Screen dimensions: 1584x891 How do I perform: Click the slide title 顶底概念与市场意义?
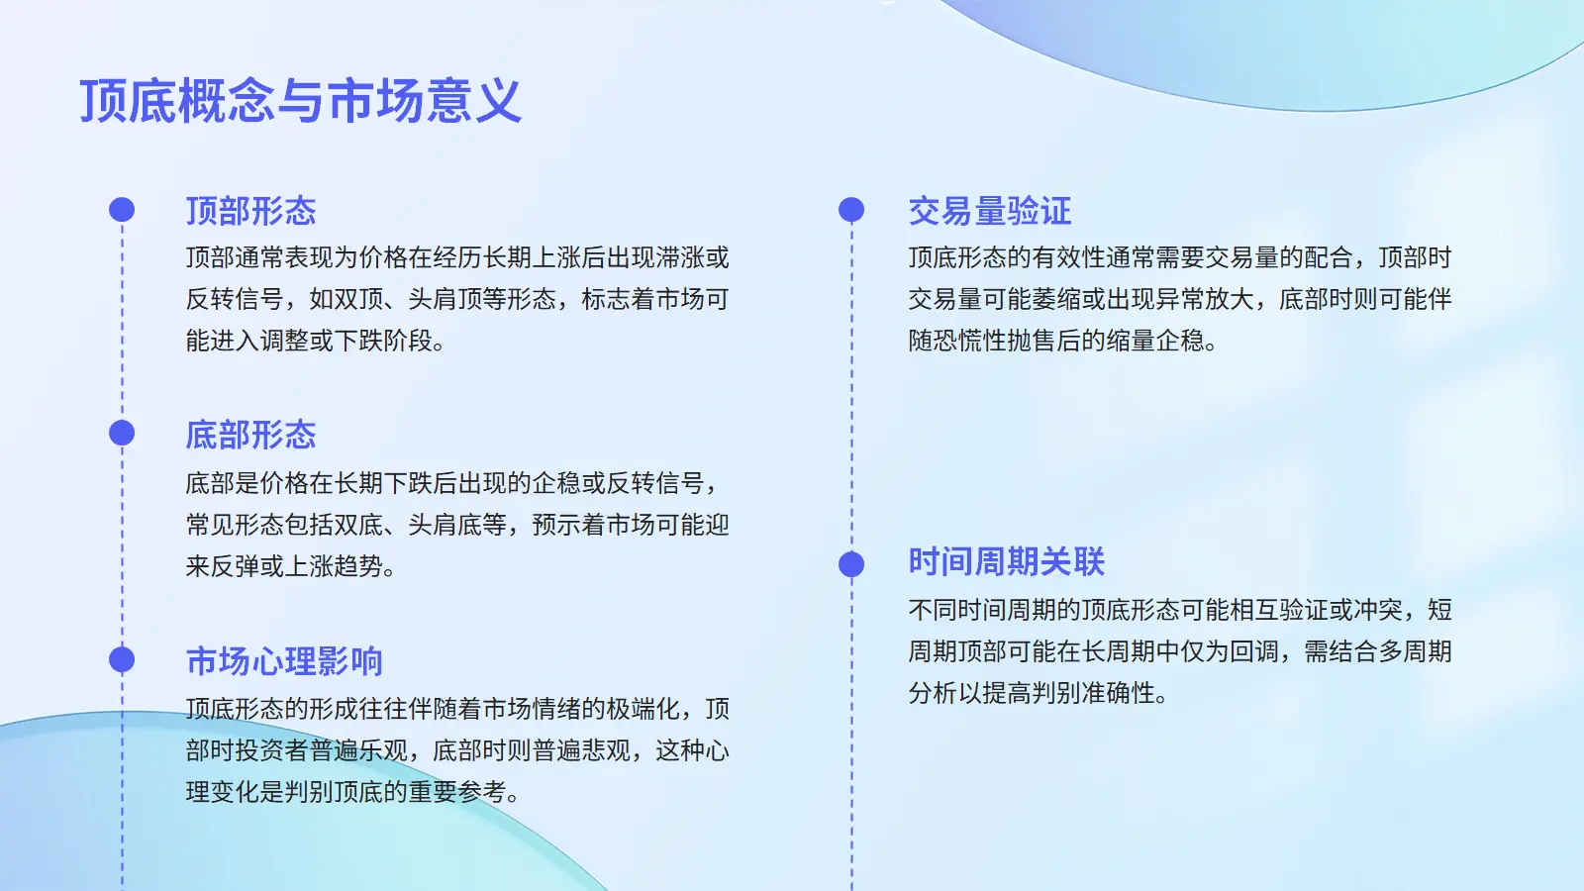tap(301, 101)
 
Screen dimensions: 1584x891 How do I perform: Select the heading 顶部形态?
tap(251, 211)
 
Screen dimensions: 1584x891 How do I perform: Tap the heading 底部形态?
tap(251, 435)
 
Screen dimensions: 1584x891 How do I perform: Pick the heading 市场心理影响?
tap(284, 661)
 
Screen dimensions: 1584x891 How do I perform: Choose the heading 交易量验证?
tap(990, 211)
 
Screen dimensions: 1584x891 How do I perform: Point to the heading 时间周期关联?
tap(1006, 562)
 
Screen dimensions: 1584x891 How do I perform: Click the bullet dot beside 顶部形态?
tap(122, 210)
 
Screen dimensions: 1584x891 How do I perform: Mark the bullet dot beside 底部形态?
tap(122, 434)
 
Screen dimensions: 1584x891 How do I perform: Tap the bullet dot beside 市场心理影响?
tap(122, 659)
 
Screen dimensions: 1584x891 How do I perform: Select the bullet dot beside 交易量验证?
tap(851, 210)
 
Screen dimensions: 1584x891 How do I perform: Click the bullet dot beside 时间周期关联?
tap(851, 564)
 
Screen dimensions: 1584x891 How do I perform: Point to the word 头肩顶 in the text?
tap(445, 299)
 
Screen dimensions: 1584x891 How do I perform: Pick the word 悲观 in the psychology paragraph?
tap(606, 750)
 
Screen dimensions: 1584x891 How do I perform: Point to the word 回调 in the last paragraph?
tap(1253, 651)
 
